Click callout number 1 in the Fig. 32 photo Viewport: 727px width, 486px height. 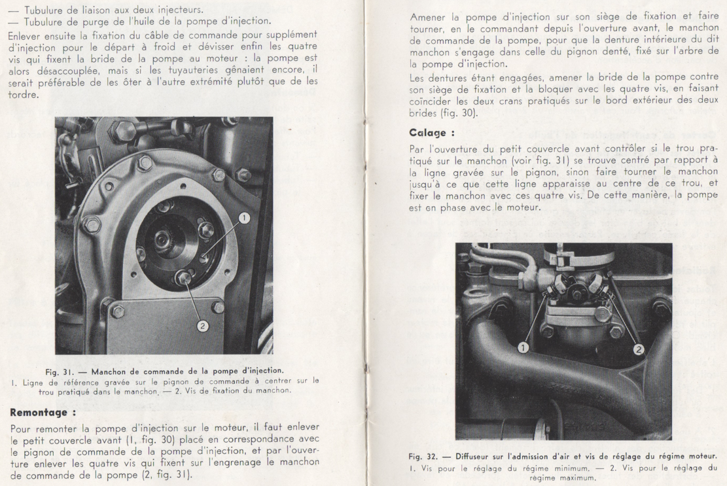[523, 347]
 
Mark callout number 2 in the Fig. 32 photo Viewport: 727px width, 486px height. [637, 349]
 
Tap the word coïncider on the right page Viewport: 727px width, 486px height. [432, 101]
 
